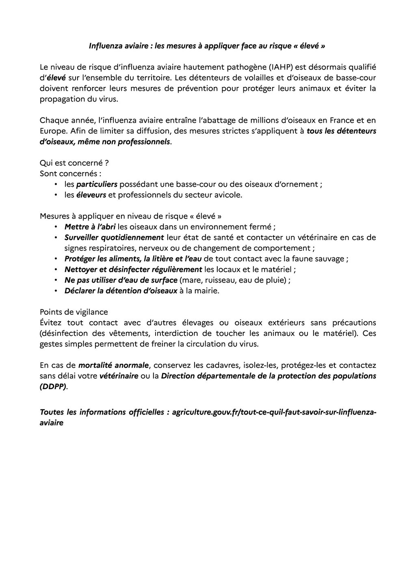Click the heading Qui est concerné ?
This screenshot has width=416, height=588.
pyautogui.click(x=74, y=163)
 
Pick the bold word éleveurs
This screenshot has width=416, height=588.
pyautogui.click(x=91, y=195)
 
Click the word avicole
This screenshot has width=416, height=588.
pyautogui.click(x=229, y=195)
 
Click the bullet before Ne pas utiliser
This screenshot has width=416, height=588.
pyautogui.click(x=55, y=280)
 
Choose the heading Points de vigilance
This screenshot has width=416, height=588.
pyautogui.click(x=74, y=312)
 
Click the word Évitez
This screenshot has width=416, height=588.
pyautogui.click(x=50, y=323)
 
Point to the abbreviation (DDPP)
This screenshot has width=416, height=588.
pyautogui.click(x=54, y=386)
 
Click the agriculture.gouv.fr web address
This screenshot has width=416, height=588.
pyautogui.click(x=274, y=412)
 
